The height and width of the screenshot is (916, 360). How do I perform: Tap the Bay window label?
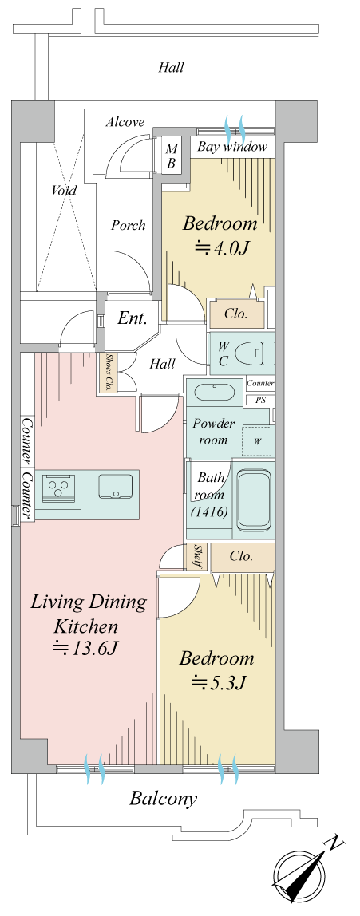click(232, 147)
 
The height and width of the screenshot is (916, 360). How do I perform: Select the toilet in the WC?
click(256, 352)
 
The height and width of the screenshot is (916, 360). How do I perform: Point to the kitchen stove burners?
click(58, 486)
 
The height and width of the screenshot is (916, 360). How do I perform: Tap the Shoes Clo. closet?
click(110, 372)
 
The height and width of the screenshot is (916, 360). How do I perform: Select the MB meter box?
click(172, 155)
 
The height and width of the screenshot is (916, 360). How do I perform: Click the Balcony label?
click(163, 798)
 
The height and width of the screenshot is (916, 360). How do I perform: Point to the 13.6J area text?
click(88, 648)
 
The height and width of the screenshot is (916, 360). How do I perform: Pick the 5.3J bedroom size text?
click(218, 681)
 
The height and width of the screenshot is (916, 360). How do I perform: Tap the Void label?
click(64, 191)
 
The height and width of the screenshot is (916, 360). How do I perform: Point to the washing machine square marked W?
click(257, 441)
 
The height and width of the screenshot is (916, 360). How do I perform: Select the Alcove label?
click(125, 122)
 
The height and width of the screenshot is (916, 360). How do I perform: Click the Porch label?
click(128, 225)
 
